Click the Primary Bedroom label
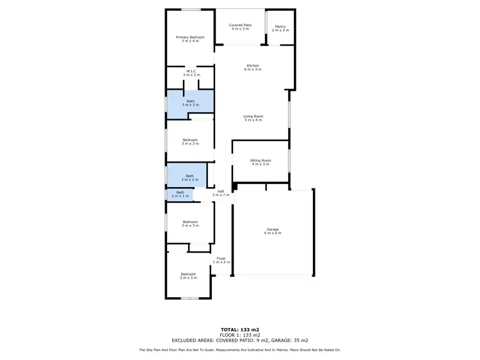pos(190,37)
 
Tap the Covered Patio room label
pos(241,25)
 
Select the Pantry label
pos(280,26)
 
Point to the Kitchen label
pos(253,65)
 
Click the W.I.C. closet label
pos(191,71)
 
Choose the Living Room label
pos(253,116)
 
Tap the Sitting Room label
pos(260,160)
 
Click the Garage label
pos(273,229)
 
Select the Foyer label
pos(221,258)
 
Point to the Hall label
pos(221,191)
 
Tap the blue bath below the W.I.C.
pos(191,102)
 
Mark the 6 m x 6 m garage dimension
pos(273,233)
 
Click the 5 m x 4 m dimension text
pos(253,120)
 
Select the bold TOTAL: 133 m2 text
pos(240,329)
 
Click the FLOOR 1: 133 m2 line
pos(240,335)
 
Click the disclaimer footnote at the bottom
pos(240,350)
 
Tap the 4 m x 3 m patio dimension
pos(241,29)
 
